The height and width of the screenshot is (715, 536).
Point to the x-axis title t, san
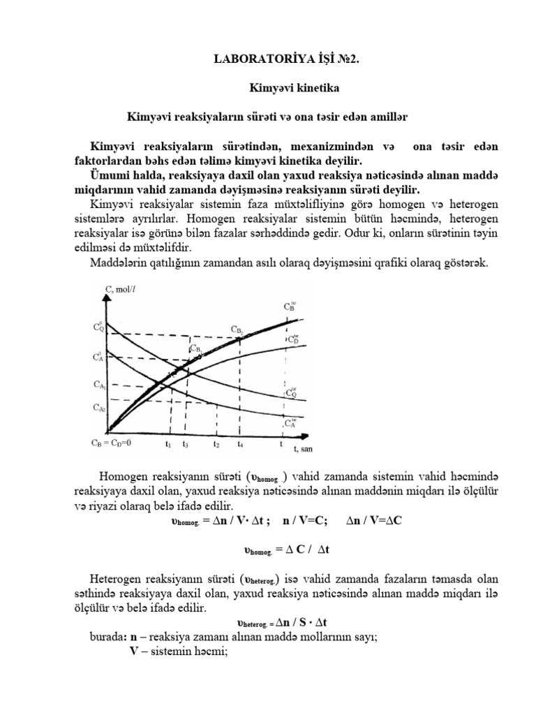pyautogui.click(x=302, y=449)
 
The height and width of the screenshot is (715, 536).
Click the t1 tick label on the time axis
pyautogui.click(x=168, y=443)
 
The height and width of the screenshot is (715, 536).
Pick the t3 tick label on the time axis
pyautogui.click(x=186, y=443)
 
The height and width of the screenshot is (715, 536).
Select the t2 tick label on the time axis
pyautogui.click(x=217, y=443)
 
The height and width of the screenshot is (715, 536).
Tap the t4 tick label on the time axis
pyautogui.click(x=240, y=443)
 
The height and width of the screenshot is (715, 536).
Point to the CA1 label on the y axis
pyautogui.click(x=100, y=384)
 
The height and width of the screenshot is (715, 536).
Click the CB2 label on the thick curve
pyautogui.click(x=239, y=331)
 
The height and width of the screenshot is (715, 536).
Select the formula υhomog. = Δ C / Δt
pyautogui.click(x=287, y=550)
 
